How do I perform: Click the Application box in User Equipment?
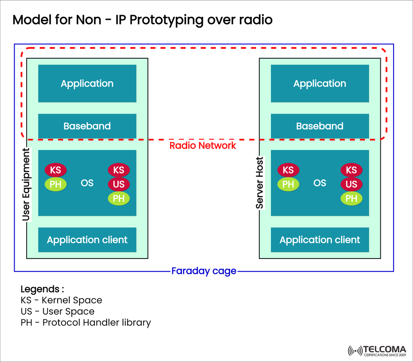point(87,84)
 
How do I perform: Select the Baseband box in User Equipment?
point(87,126)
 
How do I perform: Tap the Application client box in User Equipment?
point(87,240)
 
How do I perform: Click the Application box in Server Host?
point(320,84)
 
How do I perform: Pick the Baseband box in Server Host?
point(320,126)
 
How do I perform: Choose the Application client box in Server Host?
point(320,240)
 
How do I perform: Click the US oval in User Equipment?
point(119,184)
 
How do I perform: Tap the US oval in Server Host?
point(351,184)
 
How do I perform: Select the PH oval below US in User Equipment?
point(119,199)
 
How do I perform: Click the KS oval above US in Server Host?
point(351,170)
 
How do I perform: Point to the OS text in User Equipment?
point(87,183)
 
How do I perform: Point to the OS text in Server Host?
point(320,183)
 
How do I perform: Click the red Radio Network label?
point(203,146)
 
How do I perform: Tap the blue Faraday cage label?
point(204,271)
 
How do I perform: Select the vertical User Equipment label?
point(26,184)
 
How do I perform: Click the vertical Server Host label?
point(259,183)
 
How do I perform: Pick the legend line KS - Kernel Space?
point(61,300)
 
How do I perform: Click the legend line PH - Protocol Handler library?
point(86,322)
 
